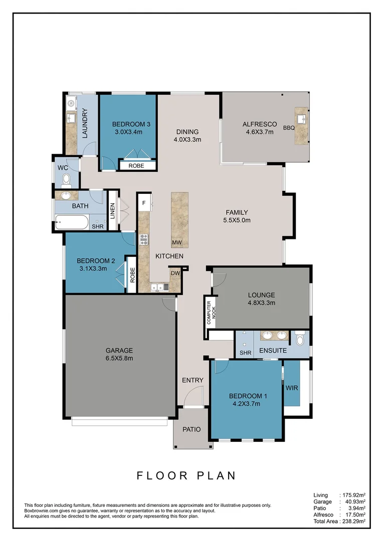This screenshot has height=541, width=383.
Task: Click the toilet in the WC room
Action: pos(66,178)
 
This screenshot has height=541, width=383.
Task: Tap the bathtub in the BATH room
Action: pos(72,222)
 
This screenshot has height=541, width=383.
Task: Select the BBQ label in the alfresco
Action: pos(289,128)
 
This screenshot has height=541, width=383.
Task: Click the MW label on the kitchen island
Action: pos(176,243)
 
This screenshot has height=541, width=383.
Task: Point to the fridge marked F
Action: pos(144,203)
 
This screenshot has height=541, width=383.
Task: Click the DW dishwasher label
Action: pos(175,273)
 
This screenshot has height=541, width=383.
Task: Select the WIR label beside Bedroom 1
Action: pos(292,388)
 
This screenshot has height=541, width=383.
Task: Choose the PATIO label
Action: pos(192,429)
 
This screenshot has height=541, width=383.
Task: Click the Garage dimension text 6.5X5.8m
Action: pos(119,358)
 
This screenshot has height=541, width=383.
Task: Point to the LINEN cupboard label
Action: pos(113,210)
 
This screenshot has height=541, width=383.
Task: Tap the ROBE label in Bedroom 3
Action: pos(136,165)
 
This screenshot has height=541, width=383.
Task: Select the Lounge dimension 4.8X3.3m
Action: pos(261,303)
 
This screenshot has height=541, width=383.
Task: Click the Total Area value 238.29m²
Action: pos(352,521)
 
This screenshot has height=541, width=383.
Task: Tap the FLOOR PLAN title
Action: pos(186,475)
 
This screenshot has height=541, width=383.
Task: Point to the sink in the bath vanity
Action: pos(66,195)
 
